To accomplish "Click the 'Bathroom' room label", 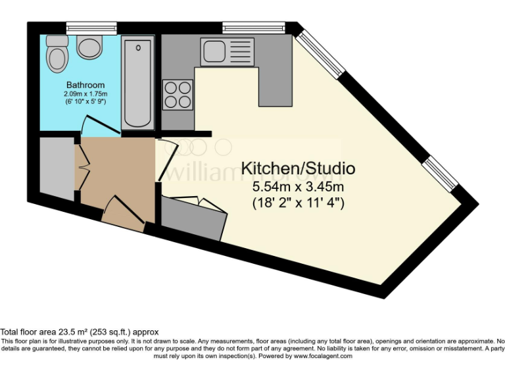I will click(85, 86).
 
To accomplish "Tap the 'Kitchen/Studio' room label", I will click(298, 168).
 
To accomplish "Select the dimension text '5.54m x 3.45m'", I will click(299, 188).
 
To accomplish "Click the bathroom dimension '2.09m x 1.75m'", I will click(85, 95).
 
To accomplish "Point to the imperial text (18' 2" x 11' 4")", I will click(299, 203).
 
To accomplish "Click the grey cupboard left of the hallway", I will click(57, 168).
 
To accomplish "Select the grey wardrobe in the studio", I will click(193, 217).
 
